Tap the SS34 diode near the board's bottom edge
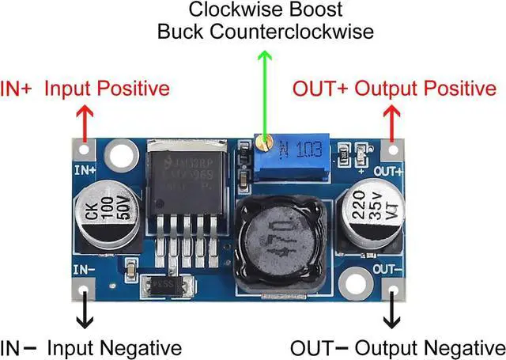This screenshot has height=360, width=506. tap(164, 282)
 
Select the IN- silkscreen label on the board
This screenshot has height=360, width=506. tap(84, 270)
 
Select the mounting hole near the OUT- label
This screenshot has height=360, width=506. tap(356, 282)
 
